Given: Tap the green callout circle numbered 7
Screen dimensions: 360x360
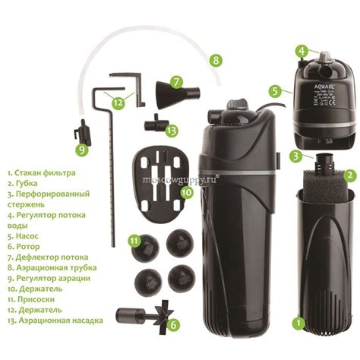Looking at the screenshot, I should coord(176,81).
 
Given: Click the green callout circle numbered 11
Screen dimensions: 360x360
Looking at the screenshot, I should coord(134,241).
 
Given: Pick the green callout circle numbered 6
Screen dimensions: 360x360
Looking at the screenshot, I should coord(175,326).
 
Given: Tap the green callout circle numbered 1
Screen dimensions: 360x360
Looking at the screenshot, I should coord(299,321).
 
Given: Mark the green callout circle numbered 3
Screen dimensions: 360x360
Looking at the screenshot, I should coord(294,157).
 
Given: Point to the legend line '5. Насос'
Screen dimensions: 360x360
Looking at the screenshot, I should coord(24,236).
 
